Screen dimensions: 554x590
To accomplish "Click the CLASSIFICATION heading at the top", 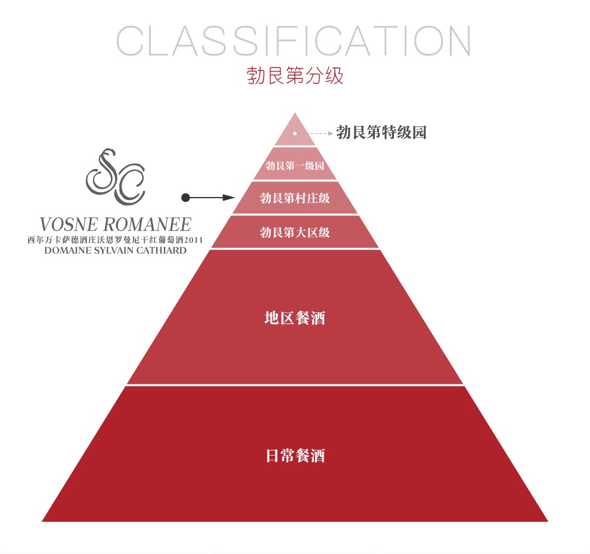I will coord(294,42).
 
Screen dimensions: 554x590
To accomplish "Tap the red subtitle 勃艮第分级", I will coord(295,76).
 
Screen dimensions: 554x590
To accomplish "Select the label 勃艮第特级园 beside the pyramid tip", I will coord(381,133).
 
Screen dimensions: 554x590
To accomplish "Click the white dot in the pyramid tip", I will coord(294,133).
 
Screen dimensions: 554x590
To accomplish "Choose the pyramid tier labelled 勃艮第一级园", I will coord(295,165).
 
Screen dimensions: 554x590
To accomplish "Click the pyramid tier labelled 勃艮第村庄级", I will coord(295,198).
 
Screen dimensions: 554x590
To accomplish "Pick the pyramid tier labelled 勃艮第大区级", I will coord(295,232).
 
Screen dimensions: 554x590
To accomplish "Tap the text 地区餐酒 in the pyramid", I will coord(295,318).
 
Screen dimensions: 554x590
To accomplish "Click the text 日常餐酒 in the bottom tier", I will coord(295,457).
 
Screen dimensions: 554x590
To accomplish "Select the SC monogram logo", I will coord(116,175).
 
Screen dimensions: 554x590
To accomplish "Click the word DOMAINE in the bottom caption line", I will coord(67,250).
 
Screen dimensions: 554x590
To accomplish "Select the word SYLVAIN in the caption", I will coord(117,250).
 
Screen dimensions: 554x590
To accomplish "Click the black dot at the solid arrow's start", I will coord(185,197).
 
